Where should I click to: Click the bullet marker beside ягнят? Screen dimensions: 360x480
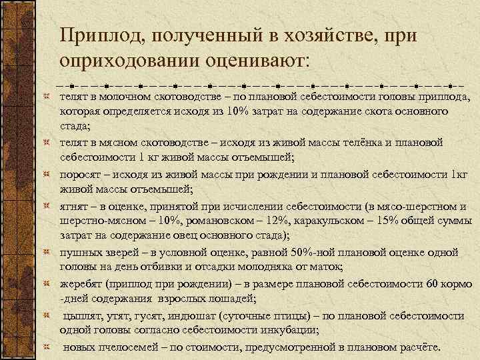pyautogui.click(x=46, y=206)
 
